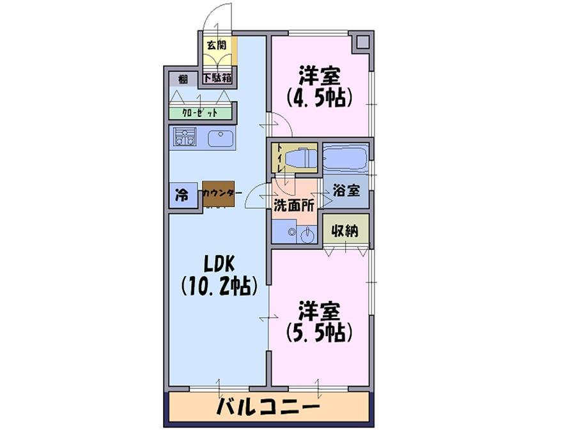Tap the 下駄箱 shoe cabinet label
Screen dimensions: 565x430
point(217,78)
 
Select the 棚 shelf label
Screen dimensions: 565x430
point(183,79)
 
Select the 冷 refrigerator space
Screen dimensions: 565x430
point(183,195)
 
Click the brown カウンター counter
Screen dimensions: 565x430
point(219,194)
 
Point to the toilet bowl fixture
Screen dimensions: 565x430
point(300,158)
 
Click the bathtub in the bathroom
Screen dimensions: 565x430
point(345,158)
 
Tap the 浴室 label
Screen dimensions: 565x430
point(346,190)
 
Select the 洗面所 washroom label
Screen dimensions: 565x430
point(294,205)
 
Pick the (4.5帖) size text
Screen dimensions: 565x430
point(319,97)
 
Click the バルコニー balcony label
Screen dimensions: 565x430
point(268,407)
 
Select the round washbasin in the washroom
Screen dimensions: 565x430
point(307,236)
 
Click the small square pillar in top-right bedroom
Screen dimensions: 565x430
point(362,42)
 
